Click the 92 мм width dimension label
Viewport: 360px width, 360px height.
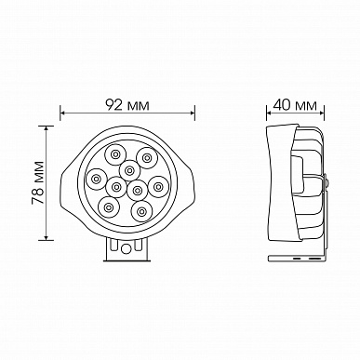pos(127,105)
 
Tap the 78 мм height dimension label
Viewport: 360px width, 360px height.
pos(38,183)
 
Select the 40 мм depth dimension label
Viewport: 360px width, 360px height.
pos(295,105)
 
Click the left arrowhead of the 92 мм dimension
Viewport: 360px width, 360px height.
pos(63,113)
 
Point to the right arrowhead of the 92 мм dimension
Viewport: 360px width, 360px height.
pos(192,113)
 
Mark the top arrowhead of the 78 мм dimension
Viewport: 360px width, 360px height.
pos(47,129)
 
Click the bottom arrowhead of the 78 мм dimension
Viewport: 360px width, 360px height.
pos(47,236)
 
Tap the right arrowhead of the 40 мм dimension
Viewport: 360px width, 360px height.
pos(321,113)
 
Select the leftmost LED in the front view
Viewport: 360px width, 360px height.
pos(97,179)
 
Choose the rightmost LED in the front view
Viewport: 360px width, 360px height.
pos(158,187)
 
